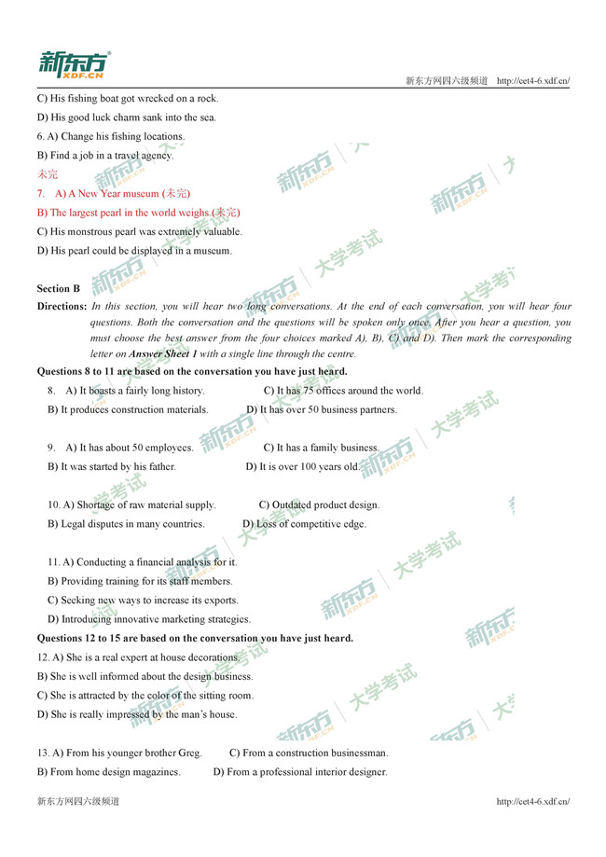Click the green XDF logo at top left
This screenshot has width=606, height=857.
(74, 64)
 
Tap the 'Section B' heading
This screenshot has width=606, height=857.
(59, 289)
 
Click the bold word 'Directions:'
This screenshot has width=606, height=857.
(62, 306)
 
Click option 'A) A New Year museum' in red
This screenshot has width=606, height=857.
(122, 194)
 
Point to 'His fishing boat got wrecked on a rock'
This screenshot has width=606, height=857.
(127, 98)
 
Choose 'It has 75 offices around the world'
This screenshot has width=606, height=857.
(343, 391)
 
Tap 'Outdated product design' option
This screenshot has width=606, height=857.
(319, 505)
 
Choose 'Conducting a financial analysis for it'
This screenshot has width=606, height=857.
(142, 562)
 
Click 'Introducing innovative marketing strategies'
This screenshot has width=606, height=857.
(149, 619)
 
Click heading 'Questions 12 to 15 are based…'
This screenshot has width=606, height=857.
(195, 639)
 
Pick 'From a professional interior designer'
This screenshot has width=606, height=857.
(300, 772)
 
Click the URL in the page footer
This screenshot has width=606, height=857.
(532, 801)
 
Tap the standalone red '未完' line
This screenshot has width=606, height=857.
(47, 174)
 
